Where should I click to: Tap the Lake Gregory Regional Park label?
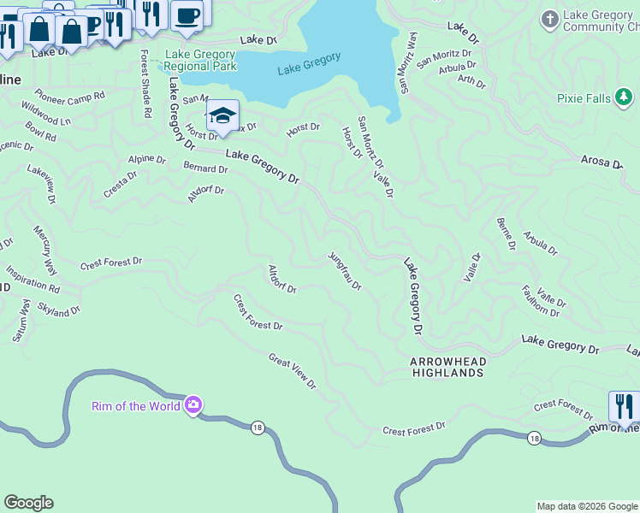[x=199, y=61]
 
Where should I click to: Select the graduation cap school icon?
[x=222, y=116]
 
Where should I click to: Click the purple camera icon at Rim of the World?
[x=193, y=405]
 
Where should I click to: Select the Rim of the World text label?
[x=135, y=406]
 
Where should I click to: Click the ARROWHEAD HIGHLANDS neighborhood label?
[x=448, y=368]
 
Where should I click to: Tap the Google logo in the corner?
[x=28, y=503]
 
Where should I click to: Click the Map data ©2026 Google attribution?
[x=588, y=506]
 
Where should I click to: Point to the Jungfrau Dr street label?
[x=346, y=271]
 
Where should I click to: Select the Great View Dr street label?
[x=292, y=372]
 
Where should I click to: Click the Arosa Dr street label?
[x=602, y=162]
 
